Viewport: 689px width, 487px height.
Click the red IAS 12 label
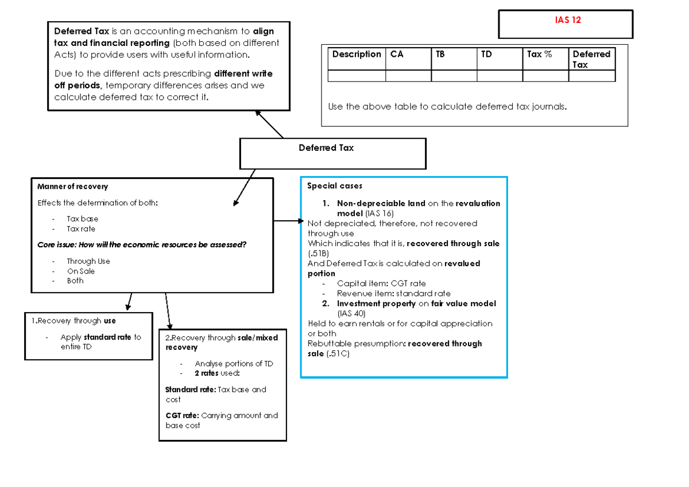(x=567, y=20)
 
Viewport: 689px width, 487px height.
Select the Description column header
(x=357, y=54)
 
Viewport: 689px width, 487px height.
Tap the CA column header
(x=397, y=54)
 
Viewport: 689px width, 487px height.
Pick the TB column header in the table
(x=440, y=54)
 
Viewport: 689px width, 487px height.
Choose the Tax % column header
(x=539, y=54)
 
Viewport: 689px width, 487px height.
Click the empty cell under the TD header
(x=500, y=76)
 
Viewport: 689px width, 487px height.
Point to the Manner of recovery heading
(x=72, y=186)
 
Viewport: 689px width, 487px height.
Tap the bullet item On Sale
(x=80, y=271)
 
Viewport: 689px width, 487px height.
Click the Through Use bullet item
(x=88, y=262)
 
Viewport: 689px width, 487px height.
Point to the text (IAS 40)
(x=351, y=314)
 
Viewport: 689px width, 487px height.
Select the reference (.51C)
(x=338, y=354)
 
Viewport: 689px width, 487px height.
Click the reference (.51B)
(x=318, y=254)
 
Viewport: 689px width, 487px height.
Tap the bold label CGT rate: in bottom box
(x=182, y=415)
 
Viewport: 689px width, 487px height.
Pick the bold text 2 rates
(x=206, y=373)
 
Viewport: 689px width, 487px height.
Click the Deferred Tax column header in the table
(x=591, y=59)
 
